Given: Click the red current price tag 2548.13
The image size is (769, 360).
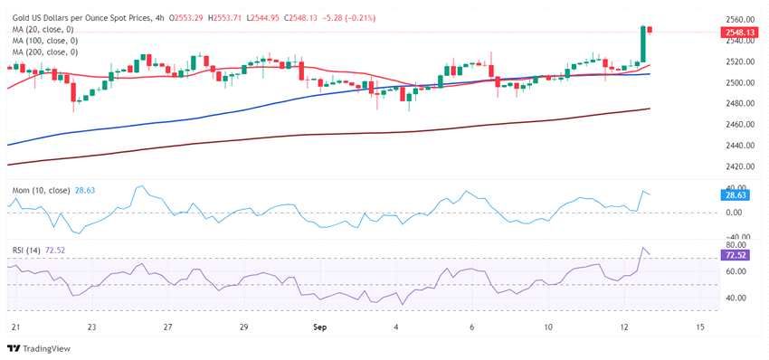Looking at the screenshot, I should click(x=737, y=33).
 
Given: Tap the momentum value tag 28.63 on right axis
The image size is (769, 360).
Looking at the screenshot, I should click(x=736, y=194).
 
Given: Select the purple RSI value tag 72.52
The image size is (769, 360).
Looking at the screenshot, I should click(x=736, y=256).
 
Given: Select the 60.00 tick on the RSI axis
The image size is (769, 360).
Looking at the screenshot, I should click(x=738, y=271).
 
